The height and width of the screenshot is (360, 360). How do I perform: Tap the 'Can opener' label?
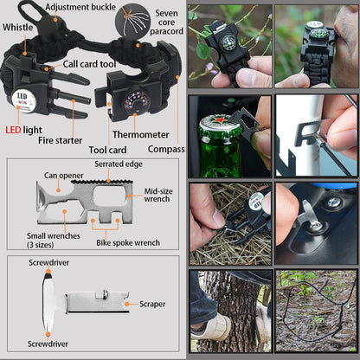[64, 175]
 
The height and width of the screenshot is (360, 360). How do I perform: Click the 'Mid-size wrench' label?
[156, 195]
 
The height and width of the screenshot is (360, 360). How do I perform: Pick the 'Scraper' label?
[154, 304]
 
